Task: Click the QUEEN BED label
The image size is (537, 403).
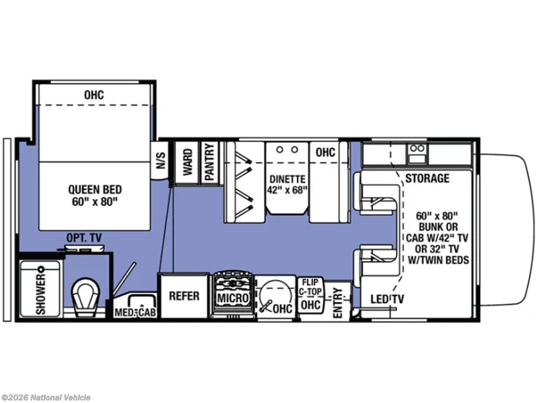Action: click(x=95, y=189)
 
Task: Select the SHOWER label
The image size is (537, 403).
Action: click(x=41, y=294)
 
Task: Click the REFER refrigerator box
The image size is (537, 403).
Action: click(x=184, y=296)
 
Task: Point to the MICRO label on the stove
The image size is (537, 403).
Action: click(x=233, y=298)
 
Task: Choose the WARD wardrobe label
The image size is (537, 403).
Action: click(x=187, y=162)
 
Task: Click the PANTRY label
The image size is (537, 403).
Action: click(x=209, y=162)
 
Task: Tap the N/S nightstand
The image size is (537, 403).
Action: click(x=160, y=161)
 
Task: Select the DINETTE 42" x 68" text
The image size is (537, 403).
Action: click(x=287, y=184)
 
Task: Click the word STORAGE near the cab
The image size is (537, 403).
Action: click(x=427, y=178)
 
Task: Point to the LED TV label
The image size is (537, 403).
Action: click(x=387, y=299)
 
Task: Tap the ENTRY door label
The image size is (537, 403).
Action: click(x=338, y=303)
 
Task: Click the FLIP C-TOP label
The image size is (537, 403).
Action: click(x=310, y=287)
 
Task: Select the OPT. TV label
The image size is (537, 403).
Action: click(x=84, y=238)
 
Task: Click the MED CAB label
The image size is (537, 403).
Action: click(x=135, y=312)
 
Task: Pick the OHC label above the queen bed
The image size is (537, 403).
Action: click(x=94, y=95)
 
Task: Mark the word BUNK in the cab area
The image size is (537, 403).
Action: click(x=438, y=227)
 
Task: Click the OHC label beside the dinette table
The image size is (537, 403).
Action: click(x=325, y=152)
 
